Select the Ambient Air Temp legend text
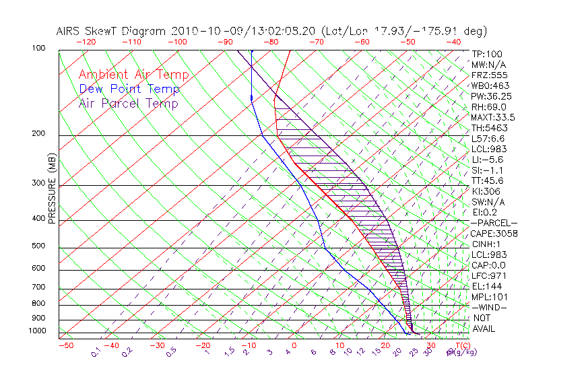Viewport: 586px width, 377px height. pyautogui.click(x=133, y=75)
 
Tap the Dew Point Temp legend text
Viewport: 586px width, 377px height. pyautogui.click(x=129, y=89)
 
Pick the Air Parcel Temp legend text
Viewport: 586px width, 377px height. pyautogui.click(x=128, y=103)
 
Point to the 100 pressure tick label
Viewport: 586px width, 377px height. pyautogui.click(x=38, y=48)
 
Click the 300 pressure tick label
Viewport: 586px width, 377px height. pyautogui.click(x=38, y=183)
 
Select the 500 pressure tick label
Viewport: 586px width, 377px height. pyautogui.click(x=38, y=246)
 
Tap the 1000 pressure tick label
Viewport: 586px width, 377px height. pyautogui.click(x=36, y=331)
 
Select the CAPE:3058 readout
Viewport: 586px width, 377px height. pyautogui.click(x=494, y=234)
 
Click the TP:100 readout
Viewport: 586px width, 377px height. pyautogui.click(x=486, y=54)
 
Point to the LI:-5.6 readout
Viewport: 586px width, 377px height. pyautogui.click(x=488, y=160)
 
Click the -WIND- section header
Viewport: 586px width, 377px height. pyautogui.click(x=489, y=307)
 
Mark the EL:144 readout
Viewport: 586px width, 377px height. pyautogui.click(x=486, y=286)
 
